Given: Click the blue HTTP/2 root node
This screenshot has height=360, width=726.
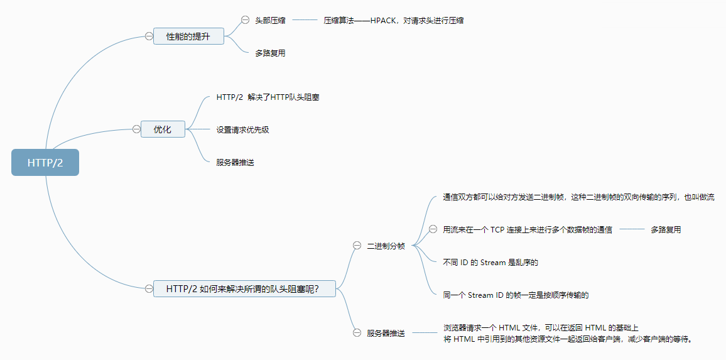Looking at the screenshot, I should [x=45, y=163].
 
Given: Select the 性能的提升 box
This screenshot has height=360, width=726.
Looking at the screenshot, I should [x=188, y=36].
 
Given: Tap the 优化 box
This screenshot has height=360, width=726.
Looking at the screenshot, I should [x=163, y=129].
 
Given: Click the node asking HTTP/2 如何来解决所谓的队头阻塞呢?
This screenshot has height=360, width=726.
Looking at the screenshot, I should [x=244, y=289].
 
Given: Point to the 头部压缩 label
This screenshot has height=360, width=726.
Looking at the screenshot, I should [x=270, y=21].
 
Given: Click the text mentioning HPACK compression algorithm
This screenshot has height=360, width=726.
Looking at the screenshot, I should [x=394, y=21].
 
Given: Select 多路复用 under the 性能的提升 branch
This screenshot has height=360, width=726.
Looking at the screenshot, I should [x=270, y=53].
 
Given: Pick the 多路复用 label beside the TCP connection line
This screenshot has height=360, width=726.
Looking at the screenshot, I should [x=666, y=230].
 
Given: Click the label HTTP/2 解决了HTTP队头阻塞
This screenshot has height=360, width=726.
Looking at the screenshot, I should [x=268, y=97].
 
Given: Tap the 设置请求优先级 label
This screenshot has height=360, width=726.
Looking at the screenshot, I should [x=243, y=130].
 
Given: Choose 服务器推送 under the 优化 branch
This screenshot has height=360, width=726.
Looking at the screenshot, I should [x=236, y=162].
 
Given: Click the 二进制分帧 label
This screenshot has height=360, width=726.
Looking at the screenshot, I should [x=386, y=246].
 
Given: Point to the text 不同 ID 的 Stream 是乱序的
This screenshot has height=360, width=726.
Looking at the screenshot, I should [x=490, y=263].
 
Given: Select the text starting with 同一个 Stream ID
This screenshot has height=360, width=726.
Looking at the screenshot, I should [x=516, y=295].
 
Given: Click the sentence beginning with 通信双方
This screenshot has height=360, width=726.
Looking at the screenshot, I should [x=578, y=197].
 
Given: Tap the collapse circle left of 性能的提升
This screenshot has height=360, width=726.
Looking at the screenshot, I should [x=149, y=36].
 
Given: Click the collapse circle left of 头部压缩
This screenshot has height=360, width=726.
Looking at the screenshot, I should [x=245, y=20].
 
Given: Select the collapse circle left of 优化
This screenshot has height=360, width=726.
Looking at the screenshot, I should [x=136, y=129].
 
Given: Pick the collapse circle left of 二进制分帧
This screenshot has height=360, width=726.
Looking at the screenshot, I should [x=357, y=246].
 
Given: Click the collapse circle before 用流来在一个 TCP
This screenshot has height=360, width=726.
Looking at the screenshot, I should [x=433, y=229].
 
